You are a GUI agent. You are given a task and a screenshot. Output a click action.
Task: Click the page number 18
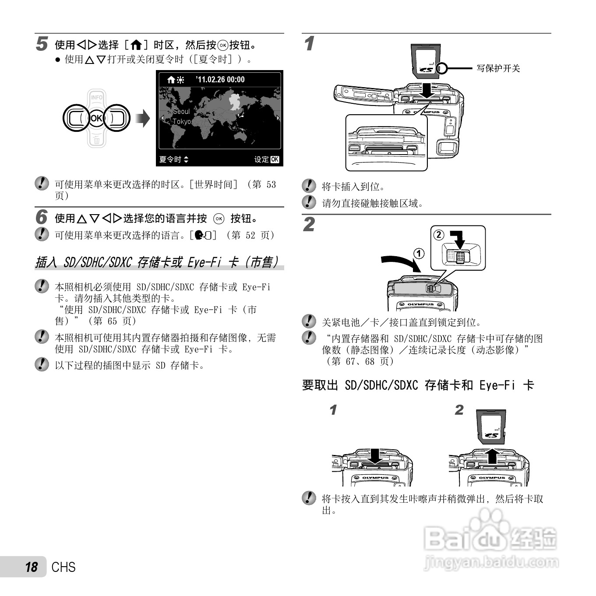click(32, 567)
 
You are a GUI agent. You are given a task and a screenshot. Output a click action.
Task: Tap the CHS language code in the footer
click(63, 567)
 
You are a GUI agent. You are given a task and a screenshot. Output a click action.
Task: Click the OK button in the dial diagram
click(96, 118)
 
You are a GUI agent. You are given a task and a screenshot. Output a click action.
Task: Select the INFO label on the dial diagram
click(96, 97)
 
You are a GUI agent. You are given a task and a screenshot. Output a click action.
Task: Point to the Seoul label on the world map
click(181, 111)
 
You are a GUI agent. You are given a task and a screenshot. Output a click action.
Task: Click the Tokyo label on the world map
click(182, 122)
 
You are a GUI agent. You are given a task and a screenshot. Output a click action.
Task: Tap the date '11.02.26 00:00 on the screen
click(220, 80)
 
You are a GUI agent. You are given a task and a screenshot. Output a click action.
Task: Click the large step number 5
click(42, 43)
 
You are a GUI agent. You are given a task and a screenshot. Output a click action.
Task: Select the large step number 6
click(42, 216)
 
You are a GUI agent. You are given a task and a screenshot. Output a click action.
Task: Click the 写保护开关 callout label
click(498, 68)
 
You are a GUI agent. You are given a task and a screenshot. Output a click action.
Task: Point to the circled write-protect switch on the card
click(442, 68)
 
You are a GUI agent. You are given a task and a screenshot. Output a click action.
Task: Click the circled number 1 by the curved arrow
click(419, 254)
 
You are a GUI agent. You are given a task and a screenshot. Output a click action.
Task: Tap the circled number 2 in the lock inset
click(439, 235)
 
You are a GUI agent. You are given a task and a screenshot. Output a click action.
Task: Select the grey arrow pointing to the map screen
click(143, 118)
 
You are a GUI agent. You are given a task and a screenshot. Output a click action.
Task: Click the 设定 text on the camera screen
click(261, 159)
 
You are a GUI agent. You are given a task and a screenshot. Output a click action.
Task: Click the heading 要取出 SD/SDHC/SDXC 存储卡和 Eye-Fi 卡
click(418, 385)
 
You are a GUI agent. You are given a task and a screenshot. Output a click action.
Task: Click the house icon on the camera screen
click(171, 80)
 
